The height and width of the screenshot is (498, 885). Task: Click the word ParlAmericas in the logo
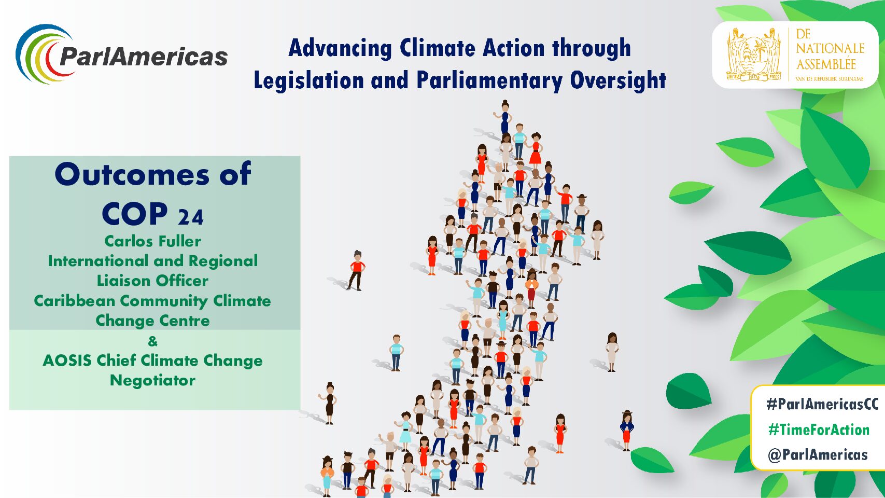[x=144, y=57]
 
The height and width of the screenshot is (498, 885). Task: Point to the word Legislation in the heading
[x=308, y=80]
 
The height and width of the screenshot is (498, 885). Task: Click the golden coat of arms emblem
[x=753, y=55]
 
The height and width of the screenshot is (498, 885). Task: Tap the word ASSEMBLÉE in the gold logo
[x=826, y=64]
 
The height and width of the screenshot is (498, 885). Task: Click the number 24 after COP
[x=191, y=217]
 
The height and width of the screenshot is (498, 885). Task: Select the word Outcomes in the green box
[x=132, y=174]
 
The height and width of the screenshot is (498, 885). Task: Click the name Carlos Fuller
[x=153, y=241]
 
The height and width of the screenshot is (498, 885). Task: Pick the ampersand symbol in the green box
[x=152, y=341]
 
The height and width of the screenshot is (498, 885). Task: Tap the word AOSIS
[x=67, y=361]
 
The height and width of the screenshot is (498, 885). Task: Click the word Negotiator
[x=152, y=380]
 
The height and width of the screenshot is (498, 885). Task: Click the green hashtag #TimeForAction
[x=819, y=429]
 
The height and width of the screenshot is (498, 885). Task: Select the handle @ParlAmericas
[x=818, y=454]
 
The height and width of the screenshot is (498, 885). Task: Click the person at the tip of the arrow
[x=504, y=117]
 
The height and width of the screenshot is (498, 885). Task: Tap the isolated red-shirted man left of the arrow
[x=356, y=270]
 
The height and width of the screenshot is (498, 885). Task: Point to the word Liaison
[x=124, y=281]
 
